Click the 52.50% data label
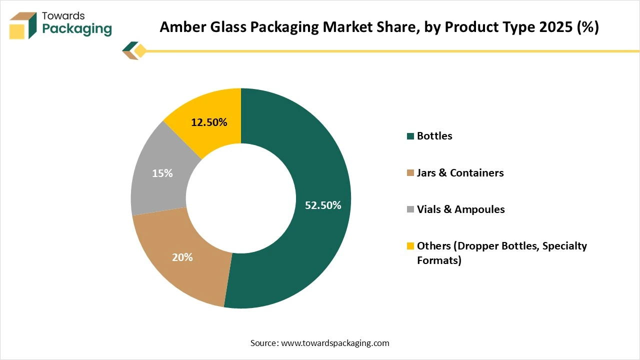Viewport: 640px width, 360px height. pyautogui.click(x=323, y=205)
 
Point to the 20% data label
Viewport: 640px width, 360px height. pyautogui.click(x=182, y=257)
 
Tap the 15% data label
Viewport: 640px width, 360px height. pyautogui.click(x=162, y=173)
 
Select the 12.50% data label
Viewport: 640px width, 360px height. pyautogui.click(x=209, y=122)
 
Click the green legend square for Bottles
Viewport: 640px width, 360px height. pyautogui.click(x=411, y=136)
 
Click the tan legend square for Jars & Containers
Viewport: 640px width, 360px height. pyautogui.click(x=411, y=173)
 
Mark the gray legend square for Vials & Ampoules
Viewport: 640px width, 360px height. pyautogui.click(x=411, y=209)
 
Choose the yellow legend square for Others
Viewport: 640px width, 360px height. pyautogui.click(x=411, y=246)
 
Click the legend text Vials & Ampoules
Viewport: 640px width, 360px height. pyautogui.click(x=460, y=209)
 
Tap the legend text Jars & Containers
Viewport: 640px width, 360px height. pyautogui.click(x=460, y=173)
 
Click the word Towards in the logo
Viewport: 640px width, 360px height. pyautogui.click(x=63, y=15)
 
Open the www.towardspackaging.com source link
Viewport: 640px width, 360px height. pyautogui.click(x=335, y=343)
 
